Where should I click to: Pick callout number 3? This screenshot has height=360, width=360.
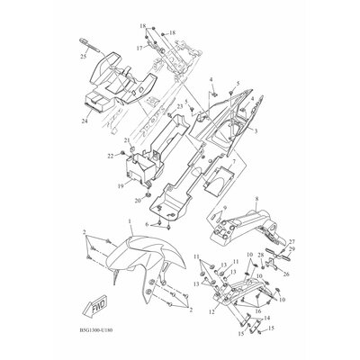(256, 131)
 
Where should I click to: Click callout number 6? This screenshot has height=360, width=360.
(149, 223)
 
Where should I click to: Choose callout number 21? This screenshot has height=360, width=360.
(126, 139)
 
